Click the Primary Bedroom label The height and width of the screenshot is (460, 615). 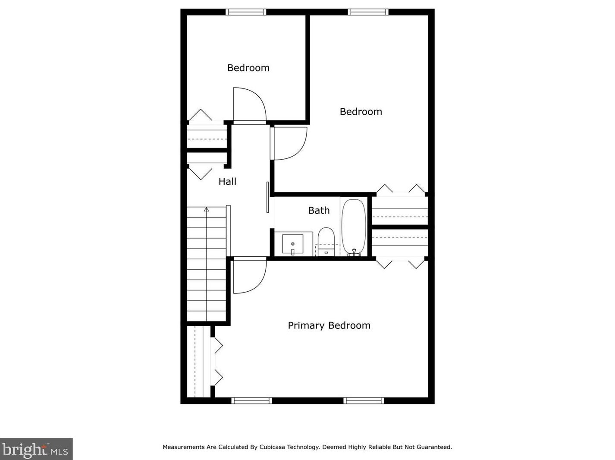329,325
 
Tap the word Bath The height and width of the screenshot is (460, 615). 319,211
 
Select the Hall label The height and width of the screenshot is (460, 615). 227,182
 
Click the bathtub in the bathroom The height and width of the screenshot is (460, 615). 354,227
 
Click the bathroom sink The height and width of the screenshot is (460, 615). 292,244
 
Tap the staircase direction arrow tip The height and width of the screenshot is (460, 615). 207,209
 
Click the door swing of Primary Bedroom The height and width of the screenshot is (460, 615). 249,276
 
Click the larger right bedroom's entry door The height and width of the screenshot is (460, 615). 289,143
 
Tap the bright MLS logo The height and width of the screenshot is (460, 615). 36,449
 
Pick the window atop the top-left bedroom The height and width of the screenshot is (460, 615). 246,12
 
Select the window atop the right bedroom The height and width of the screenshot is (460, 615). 368,12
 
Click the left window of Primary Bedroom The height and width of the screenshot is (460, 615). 251,401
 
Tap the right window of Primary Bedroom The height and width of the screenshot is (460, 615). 364,401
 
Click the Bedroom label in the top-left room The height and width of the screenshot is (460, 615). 248,68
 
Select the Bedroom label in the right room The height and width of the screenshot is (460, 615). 361,112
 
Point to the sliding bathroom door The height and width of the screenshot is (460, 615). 268,197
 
